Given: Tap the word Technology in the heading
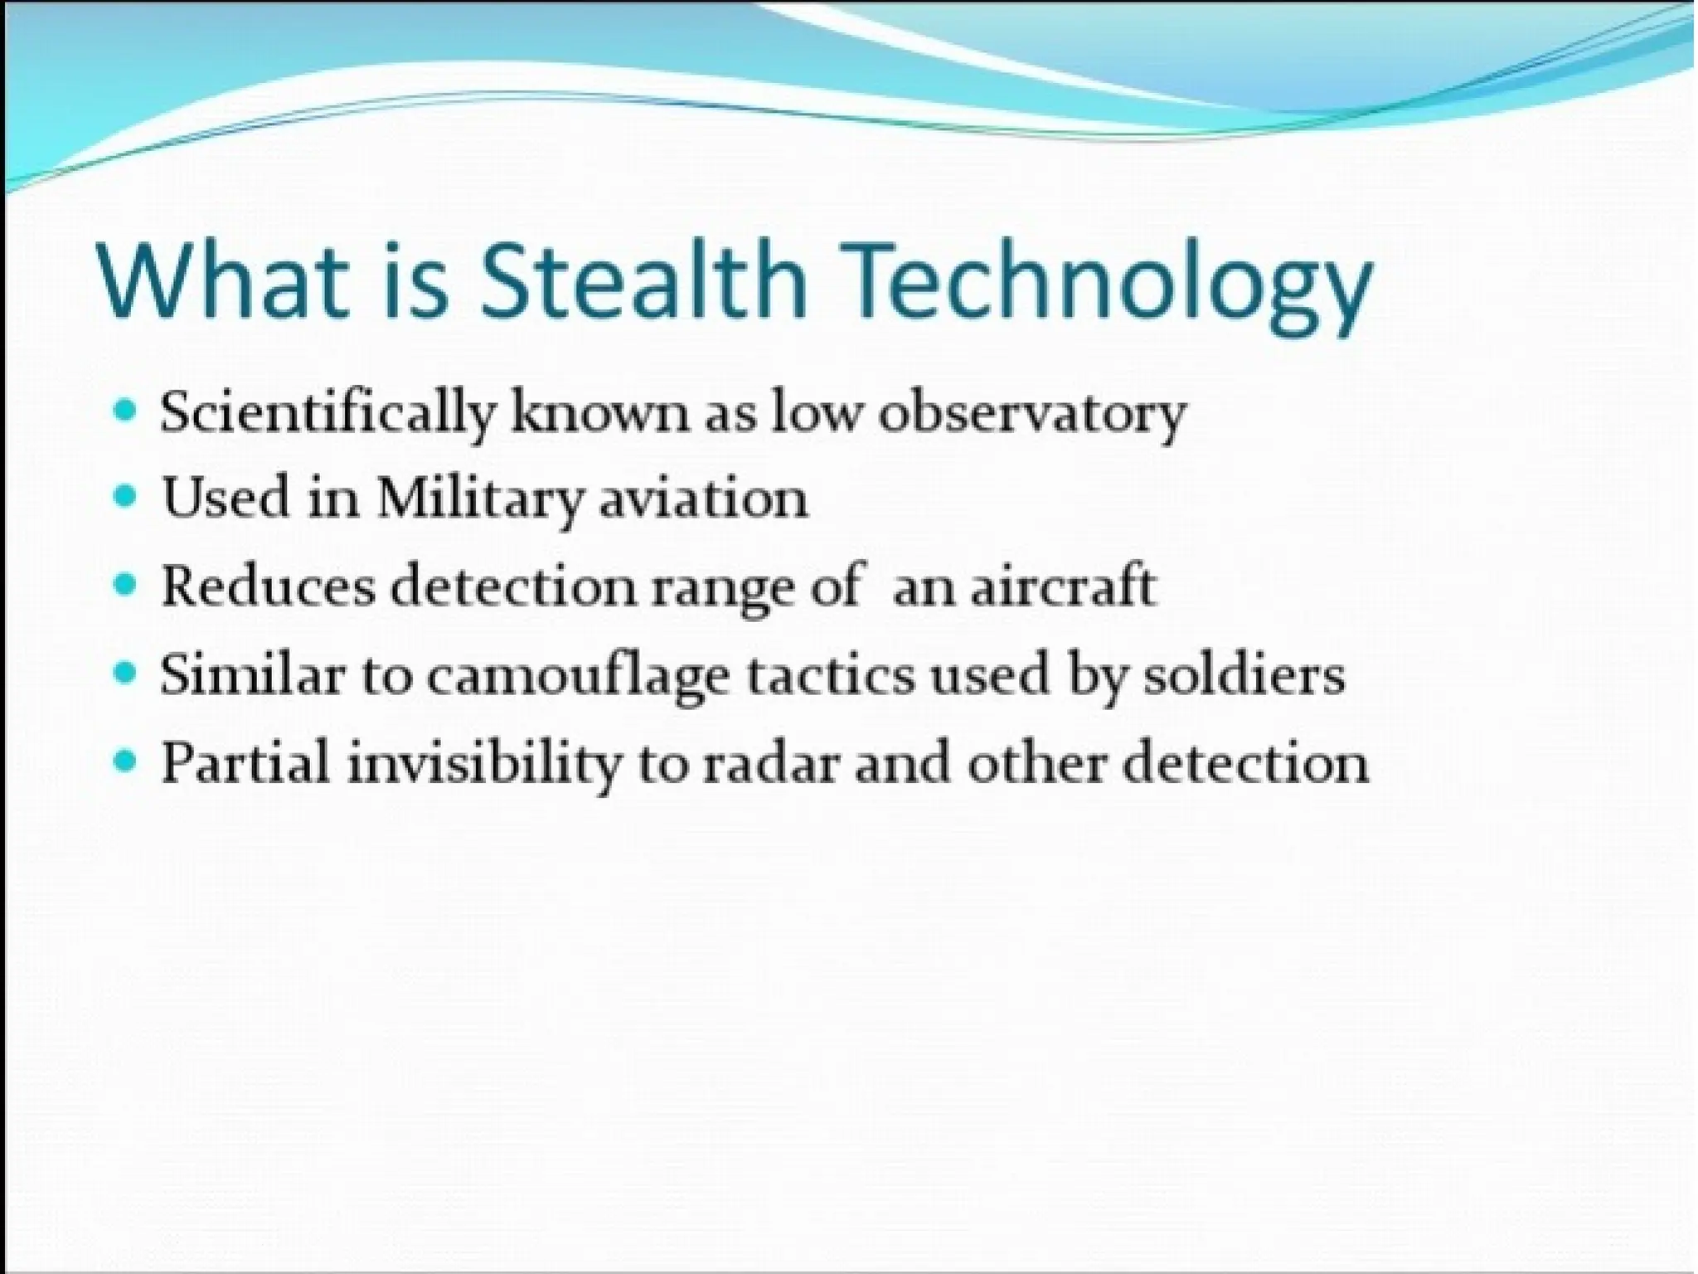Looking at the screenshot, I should [1107, 282].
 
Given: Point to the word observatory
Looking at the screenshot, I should [1033, 414].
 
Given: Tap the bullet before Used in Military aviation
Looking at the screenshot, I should [125, 497].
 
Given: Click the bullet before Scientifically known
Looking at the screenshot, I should [125, 409].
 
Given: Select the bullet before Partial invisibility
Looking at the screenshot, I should [125, 760].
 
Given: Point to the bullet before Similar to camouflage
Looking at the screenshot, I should [125, 672].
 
